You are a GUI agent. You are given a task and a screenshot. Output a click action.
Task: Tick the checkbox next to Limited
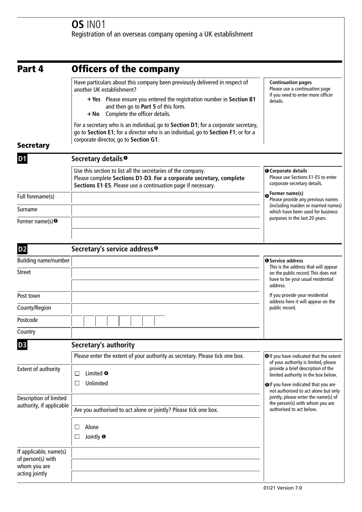point(77,374)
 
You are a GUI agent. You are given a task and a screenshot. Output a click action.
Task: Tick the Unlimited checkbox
point(77,383)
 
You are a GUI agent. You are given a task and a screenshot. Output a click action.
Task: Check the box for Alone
point(77,427)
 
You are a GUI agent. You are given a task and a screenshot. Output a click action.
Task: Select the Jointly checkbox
point(77,437)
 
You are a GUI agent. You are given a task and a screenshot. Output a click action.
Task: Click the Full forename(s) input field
point(166,198)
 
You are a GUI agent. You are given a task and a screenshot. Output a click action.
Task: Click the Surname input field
point(166,210)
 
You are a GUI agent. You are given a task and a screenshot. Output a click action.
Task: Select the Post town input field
point(166,297)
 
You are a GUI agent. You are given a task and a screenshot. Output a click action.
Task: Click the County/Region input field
point(166,309)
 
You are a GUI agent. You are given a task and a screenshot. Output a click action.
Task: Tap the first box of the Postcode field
point(77,321)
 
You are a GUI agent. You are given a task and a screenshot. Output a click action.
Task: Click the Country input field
point(166,333)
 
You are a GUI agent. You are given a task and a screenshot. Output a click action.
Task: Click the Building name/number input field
point(166,261)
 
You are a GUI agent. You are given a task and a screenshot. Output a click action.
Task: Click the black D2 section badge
point(22,250)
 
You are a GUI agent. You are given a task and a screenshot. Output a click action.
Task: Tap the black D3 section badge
point(22,345)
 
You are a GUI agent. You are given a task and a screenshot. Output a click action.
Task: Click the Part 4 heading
point(30,69)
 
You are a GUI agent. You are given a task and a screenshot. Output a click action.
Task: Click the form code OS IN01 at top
point(88,24)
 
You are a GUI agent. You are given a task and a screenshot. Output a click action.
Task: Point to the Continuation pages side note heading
point(290,82)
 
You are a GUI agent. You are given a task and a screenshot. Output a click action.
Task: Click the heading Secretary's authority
point(103,345)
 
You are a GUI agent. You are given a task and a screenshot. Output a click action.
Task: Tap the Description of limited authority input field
point(166,399)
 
